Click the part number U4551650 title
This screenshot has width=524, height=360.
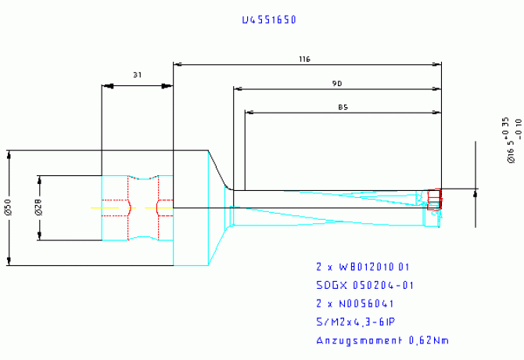pyautogui.click(x=268, y=20)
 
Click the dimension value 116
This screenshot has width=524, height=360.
pyautogui.click(x=305, y=59)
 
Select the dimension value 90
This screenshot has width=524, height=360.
pyautogui.click(x=337, y=83)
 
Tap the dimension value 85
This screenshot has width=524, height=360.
pyautogui.click(x=343, y=106)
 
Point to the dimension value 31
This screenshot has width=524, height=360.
pyautogui.click(x=138, y=75)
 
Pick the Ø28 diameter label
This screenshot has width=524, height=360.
pyautogui.click(x=39, y=208)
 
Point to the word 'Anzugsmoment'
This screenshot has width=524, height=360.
pyautogui.click(x=358, y=340)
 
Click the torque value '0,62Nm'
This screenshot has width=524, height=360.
pyautogui.click(x=429, y=340)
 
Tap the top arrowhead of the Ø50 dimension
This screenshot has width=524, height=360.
pyautogui.click(x=9, y=153)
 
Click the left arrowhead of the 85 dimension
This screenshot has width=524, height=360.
pyautogui.click(x=249, y=112)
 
